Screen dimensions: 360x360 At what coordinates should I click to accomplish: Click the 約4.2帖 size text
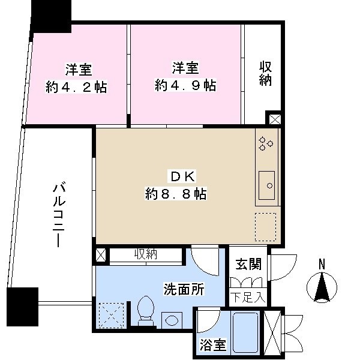[77, 87]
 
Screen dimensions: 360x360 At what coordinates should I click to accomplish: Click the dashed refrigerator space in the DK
[266, 226]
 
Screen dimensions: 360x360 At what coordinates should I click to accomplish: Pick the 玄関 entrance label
[247, 263]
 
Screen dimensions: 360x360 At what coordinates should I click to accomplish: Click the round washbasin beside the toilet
[171, 319]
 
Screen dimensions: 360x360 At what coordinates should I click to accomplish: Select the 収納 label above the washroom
[145, 254]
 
